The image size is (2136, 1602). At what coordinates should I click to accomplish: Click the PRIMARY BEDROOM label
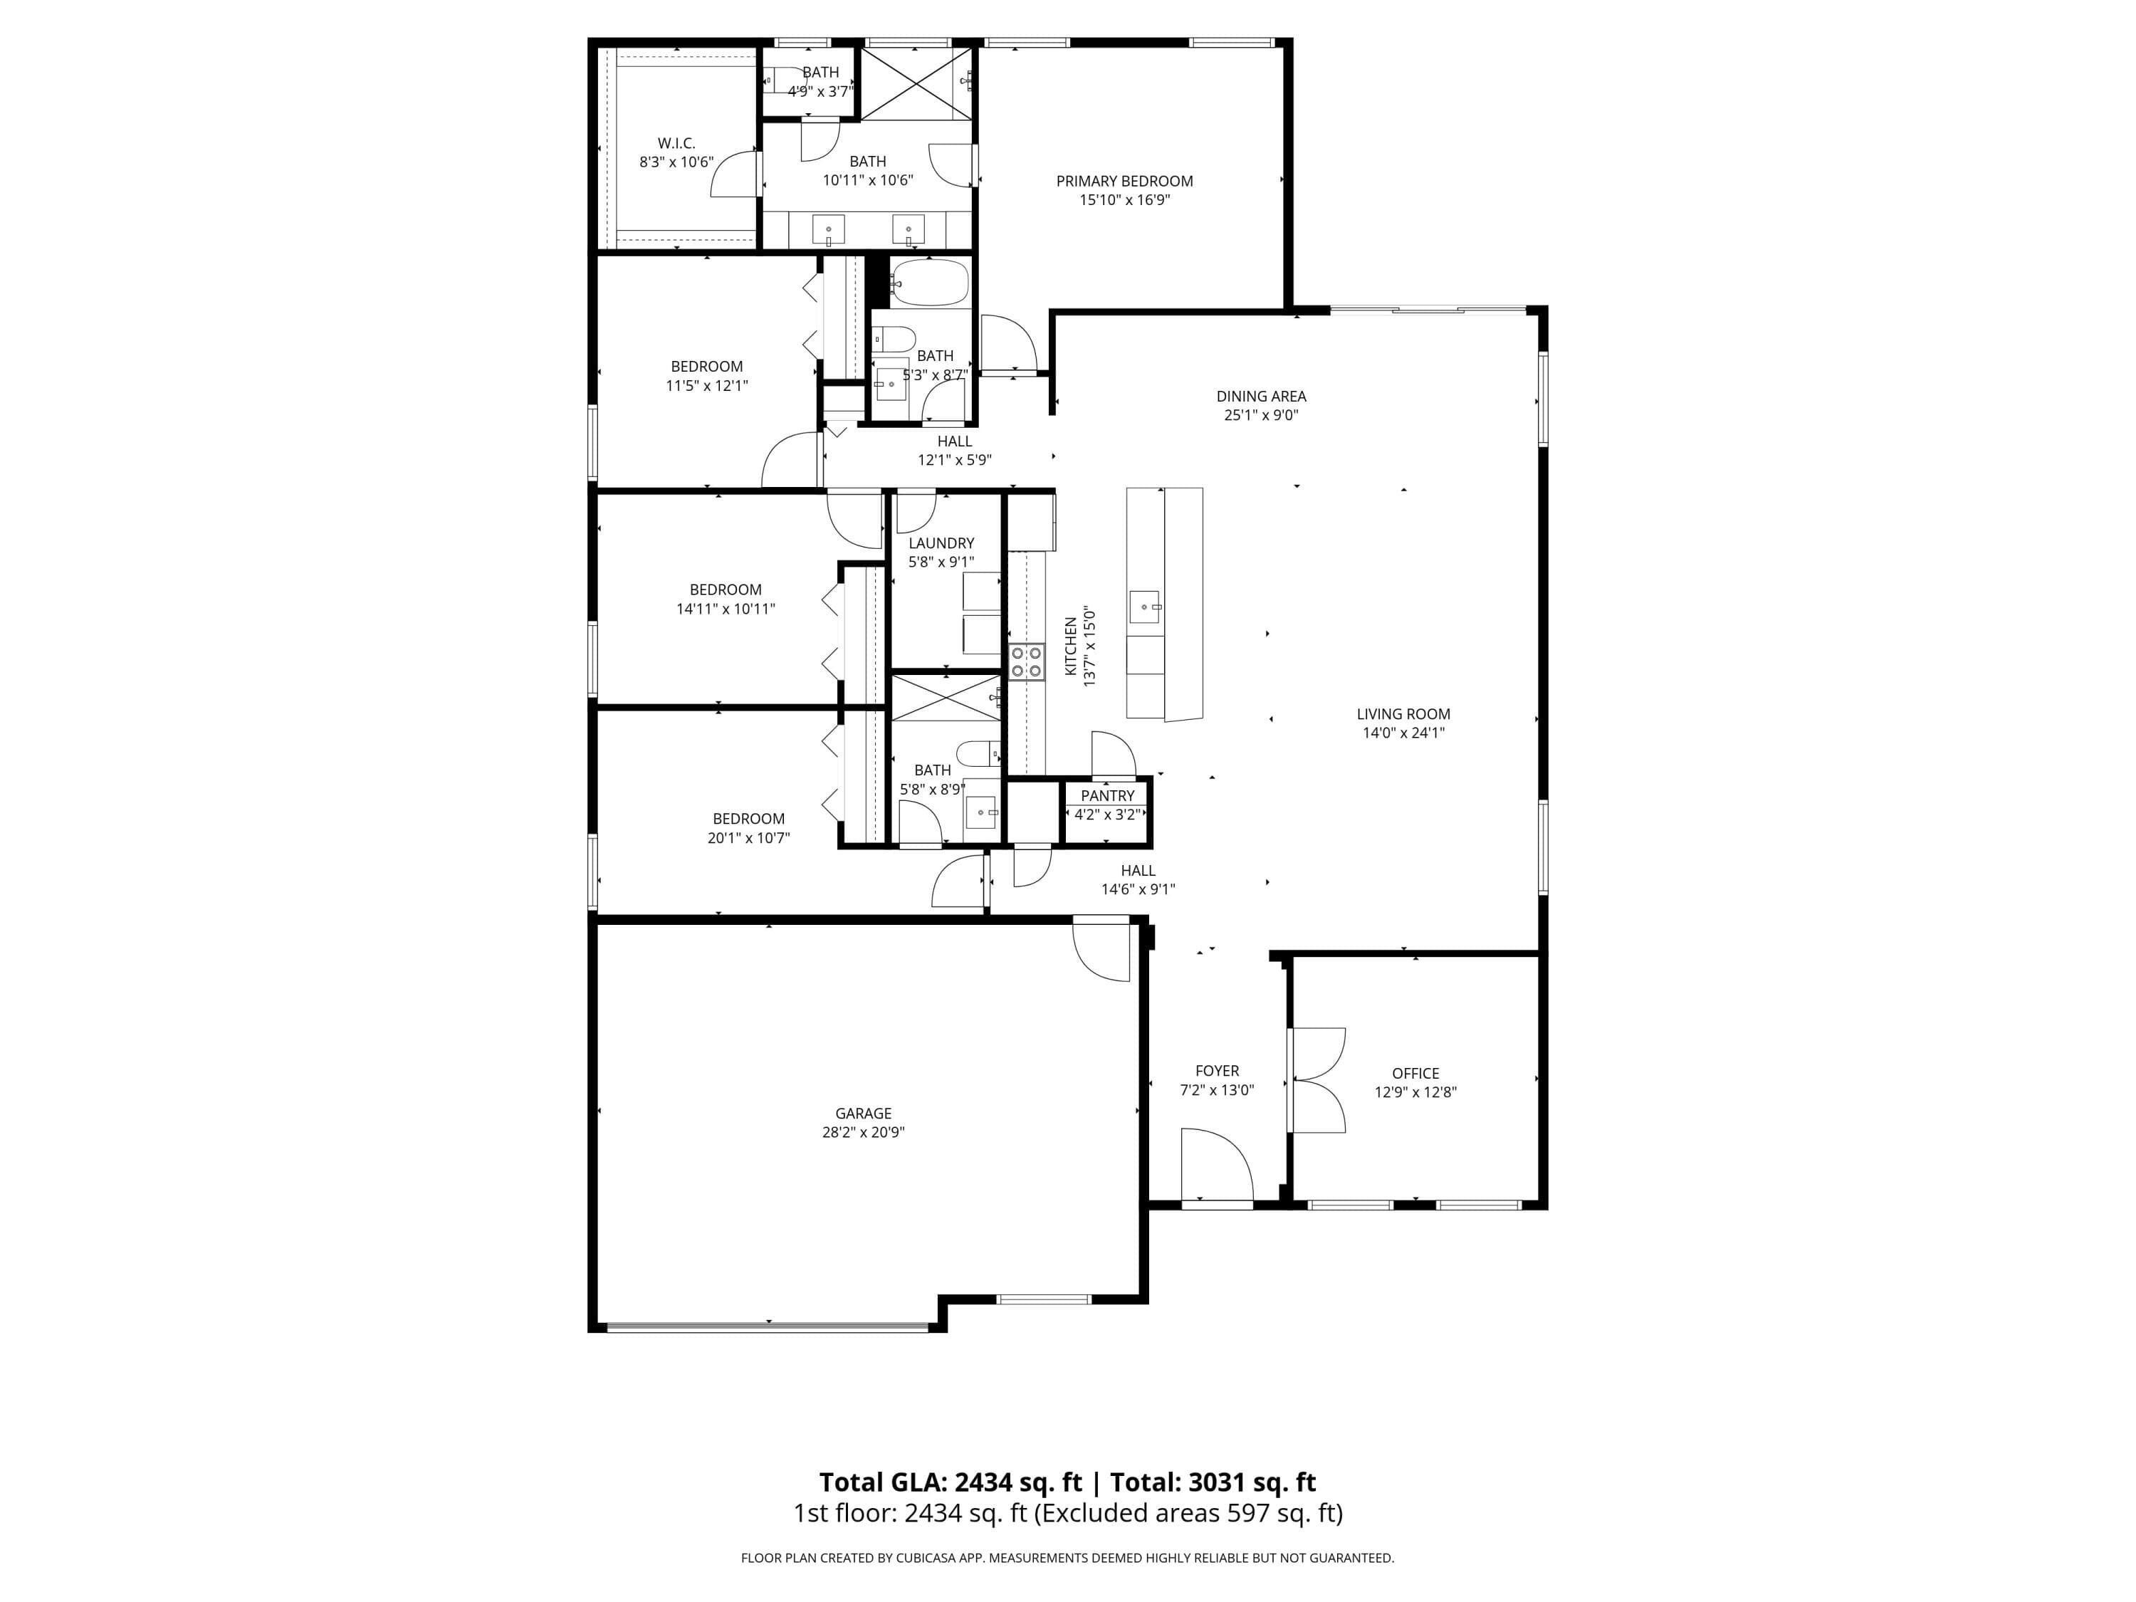[x=1124, y=181]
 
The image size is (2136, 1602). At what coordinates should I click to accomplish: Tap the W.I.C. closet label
[x=676, y=143]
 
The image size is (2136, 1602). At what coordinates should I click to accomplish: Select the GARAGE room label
[x=863, y=1114]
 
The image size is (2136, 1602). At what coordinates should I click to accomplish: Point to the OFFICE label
[x=1415, y=1074]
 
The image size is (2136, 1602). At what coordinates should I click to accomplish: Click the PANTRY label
[x=1108, y=796]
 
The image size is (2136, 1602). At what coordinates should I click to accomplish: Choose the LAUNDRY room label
[x=941, y=543]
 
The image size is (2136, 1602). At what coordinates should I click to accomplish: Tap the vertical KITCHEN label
[x=1070, y=647]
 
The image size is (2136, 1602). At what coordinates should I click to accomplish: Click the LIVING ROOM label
[x=1403, y=715]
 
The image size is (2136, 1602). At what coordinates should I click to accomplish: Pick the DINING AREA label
[x=1261, y=396]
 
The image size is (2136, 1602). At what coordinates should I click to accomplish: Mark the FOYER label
[x=1217, y=1071]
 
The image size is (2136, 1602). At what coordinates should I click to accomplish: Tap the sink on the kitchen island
[x=1144, y=607]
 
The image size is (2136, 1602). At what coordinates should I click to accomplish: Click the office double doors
[x=1316, y=1079]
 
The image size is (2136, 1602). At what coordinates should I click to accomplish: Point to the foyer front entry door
[x=1217, y=1165]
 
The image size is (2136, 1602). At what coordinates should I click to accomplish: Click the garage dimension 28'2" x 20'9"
[x=863, y=1133]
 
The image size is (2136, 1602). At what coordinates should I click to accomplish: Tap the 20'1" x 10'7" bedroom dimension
[x=748, y=838]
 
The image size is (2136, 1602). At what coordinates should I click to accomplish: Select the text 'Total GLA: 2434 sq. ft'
[x=951, y=1482]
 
